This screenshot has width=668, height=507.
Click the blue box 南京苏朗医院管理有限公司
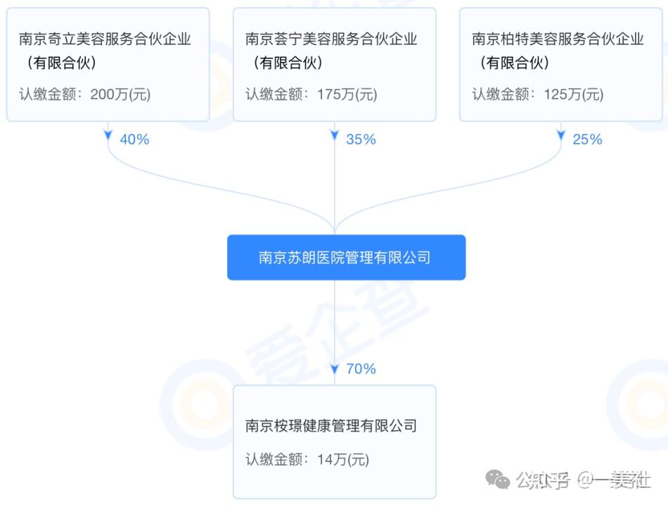[345, 258]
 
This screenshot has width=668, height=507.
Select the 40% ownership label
[134, 139]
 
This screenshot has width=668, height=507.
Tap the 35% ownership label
[361, 139]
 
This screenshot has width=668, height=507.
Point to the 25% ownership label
[587, 139]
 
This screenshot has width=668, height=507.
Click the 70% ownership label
[361, 368]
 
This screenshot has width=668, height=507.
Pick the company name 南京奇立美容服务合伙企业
[105, 39]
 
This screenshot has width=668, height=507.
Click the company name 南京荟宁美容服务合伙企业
[331, 39]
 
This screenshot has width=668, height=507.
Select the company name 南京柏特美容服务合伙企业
[558, 39]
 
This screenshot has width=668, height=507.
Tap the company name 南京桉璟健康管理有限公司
[331, 425]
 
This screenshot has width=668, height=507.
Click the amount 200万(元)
[120, 94]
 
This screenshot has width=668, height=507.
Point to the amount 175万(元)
[347, 94]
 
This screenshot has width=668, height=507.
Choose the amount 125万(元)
[573, 94]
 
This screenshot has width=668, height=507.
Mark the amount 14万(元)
[342, 460]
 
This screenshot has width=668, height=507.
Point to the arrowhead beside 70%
[335, 368]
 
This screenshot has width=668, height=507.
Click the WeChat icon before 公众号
[500, 481]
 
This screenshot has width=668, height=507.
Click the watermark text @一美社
[614, 481]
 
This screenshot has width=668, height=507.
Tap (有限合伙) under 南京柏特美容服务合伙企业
[514, 63]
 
